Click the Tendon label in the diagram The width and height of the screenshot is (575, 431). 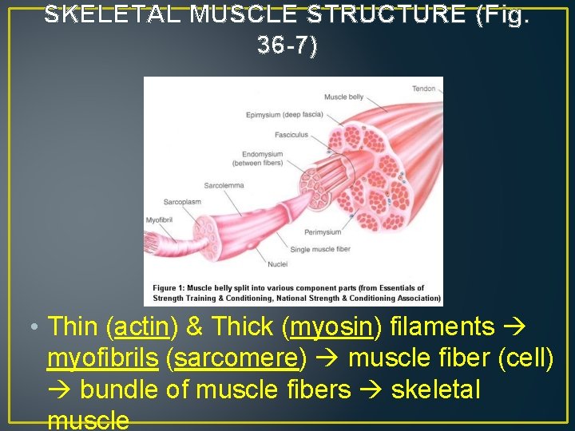(424, 89)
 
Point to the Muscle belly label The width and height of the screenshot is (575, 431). (343, 97)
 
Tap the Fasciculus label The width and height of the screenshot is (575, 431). (291, 135)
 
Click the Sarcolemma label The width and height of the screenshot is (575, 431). (224, 185)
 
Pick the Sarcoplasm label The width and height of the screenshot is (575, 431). (183, 202)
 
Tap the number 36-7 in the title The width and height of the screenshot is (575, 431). (283, 46)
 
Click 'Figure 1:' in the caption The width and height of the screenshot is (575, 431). (170, 288)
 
